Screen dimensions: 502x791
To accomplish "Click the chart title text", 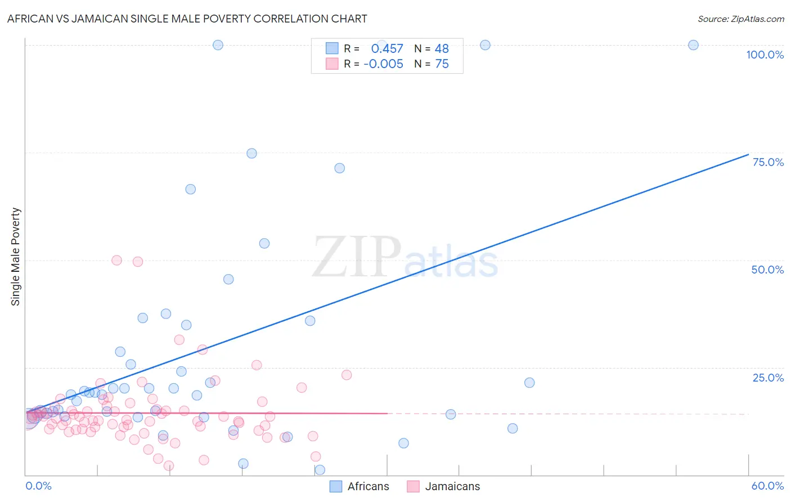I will (187, 19).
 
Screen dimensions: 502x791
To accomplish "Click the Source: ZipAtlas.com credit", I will (740, 19).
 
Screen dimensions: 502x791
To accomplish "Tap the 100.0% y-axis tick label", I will (765, 55).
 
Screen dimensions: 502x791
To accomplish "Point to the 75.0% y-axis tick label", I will (768, 162).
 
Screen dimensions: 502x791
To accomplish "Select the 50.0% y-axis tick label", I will (767, 270).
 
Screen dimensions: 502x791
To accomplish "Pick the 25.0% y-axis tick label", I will (768, 377).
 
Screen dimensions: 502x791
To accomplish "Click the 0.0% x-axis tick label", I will (38, 486).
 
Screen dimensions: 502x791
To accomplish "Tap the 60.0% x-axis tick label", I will (767, 486).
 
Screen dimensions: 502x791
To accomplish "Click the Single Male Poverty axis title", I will (16, 257).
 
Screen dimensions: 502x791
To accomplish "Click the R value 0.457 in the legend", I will (387, 49).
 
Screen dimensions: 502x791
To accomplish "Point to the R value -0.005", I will (383, 64).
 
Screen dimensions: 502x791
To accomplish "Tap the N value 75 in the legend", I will (442, 64).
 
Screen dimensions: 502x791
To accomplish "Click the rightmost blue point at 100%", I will (693, 45).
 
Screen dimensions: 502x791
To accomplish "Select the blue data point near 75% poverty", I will (251, 154).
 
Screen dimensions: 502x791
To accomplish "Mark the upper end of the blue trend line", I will (748, 154).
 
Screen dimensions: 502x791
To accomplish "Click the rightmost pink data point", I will (347, 375).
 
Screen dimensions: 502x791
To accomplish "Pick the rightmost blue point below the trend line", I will (529, 383).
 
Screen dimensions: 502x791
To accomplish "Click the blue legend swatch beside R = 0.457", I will (332, 48).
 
